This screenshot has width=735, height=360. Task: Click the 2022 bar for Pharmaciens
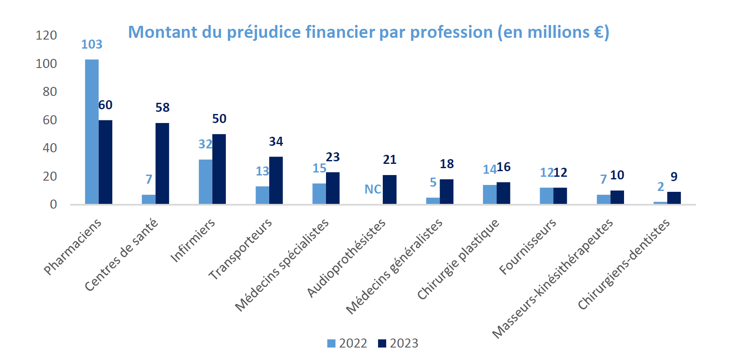coord(92,131)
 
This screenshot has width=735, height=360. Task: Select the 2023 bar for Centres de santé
coord(162,163)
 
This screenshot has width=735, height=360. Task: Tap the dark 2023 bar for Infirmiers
coord(219,169)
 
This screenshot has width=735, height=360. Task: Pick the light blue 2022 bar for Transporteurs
coord(262,195)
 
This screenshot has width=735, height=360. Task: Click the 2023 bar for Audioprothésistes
coord(390,189)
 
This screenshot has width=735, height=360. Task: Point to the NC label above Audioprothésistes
coord(373,189)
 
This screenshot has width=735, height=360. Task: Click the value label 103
coord(92,44)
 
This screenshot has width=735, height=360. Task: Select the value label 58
coord(163,108)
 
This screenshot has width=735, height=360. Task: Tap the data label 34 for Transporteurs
coord(276,142)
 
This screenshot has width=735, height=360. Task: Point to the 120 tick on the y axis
coord(46,35)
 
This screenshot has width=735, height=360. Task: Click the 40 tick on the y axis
coord(50,148)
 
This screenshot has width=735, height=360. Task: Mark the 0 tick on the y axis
coord(53,204)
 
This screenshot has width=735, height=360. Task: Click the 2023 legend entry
coord(398,343)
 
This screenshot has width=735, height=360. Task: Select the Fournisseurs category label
coord(528,247)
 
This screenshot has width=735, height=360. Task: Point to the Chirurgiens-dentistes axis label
coord(624,264)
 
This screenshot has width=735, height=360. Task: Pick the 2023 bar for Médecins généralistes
coord(446,192)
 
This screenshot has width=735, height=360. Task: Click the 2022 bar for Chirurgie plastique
coord(490,194)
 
